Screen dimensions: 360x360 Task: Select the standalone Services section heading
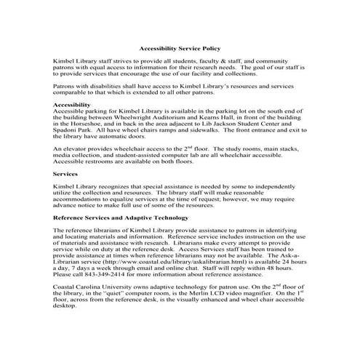(67, 175)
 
